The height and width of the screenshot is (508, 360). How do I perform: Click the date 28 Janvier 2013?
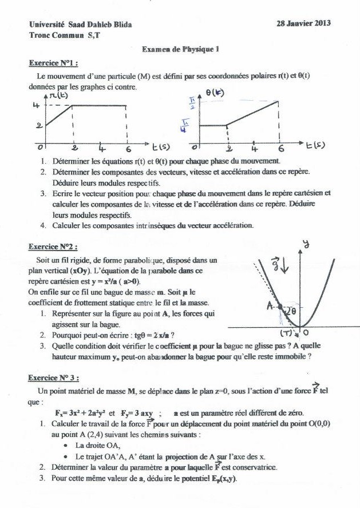pos(304,23)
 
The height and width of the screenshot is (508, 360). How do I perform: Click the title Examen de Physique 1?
pos(181,50)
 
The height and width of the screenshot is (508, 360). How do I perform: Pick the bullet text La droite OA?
pos(96,445)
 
